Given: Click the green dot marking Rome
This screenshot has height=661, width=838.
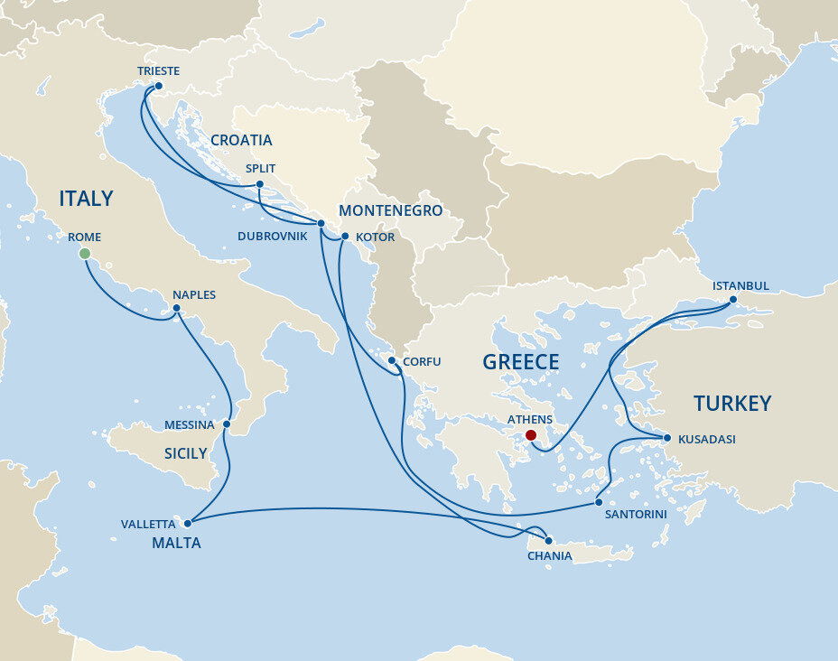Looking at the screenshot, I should pos(85,254).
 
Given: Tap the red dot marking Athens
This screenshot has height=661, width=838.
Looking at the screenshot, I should pos(530,435).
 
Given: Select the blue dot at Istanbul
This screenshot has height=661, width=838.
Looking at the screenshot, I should pos(732,300).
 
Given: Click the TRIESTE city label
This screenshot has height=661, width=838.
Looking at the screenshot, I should pos(158,71).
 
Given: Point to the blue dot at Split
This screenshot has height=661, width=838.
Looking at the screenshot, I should pos(259,184).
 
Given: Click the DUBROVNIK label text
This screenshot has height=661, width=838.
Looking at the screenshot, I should pos(273,237).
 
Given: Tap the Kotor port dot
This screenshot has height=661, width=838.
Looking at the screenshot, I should pos(345,237).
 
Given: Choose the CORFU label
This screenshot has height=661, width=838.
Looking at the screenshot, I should pos(422,361).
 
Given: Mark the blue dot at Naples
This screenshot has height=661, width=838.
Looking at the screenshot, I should pos(177,309).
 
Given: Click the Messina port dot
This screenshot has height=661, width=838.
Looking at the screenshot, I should pos(227,424).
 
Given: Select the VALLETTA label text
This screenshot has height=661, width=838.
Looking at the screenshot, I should pos(148,524).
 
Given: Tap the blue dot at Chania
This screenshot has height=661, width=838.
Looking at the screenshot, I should pos(548,541).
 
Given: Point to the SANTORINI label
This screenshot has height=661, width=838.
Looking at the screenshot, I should pos(636,514).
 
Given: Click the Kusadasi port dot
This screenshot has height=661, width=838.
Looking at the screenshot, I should pos(667,439).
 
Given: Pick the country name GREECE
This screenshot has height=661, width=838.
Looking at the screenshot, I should pos(520,362).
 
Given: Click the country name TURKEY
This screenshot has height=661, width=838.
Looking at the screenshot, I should pos(731,403).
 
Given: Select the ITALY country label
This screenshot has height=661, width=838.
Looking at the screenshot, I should pos(86,199).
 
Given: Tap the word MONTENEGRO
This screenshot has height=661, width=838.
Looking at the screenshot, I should pos(390,210).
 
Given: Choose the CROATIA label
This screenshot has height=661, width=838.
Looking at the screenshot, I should pos(241,140).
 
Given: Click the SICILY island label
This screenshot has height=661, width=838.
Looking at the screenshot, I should pos(185,453).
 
